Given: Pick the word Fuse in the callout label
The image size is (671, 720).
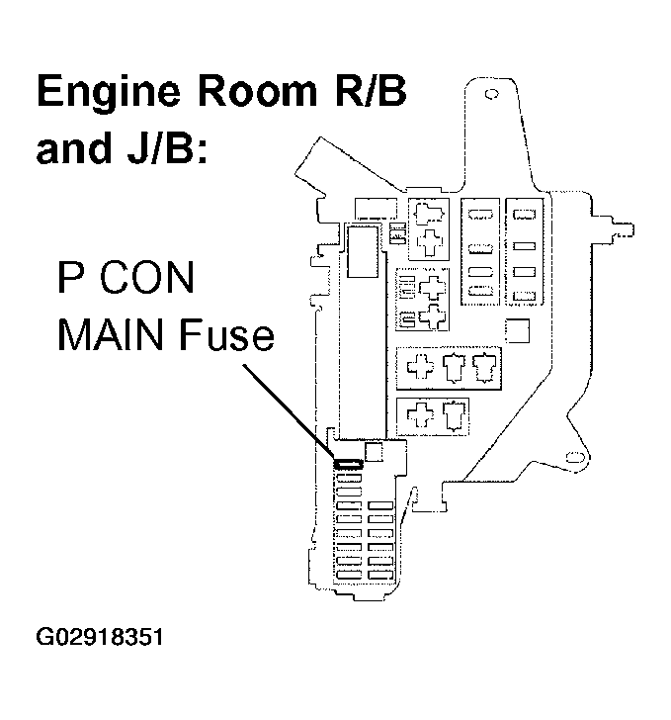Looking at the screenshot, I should tap(228, 336).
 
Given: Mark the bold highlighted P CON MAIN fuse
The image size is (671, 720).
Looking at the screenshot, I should tap(349, 462).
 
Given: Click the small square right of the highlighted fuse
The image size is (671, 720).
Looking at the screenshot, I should tap(374, 452).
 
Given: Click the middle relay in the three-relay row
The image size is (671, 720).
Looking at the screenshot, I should tap(456, 368).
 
